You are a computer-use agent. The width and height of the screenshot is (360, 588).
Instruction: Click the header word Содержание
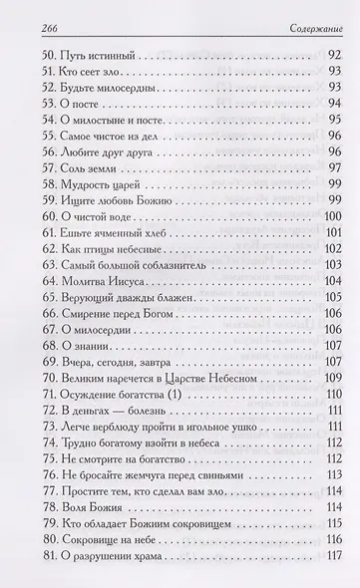[x=300, y=22]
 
